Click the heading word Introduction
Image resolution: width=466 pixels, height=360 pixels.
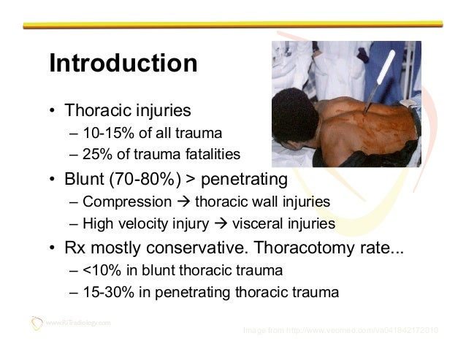coord(123,64)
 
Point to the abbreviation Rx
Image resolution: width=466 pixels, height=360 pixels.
coord(75,248)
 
